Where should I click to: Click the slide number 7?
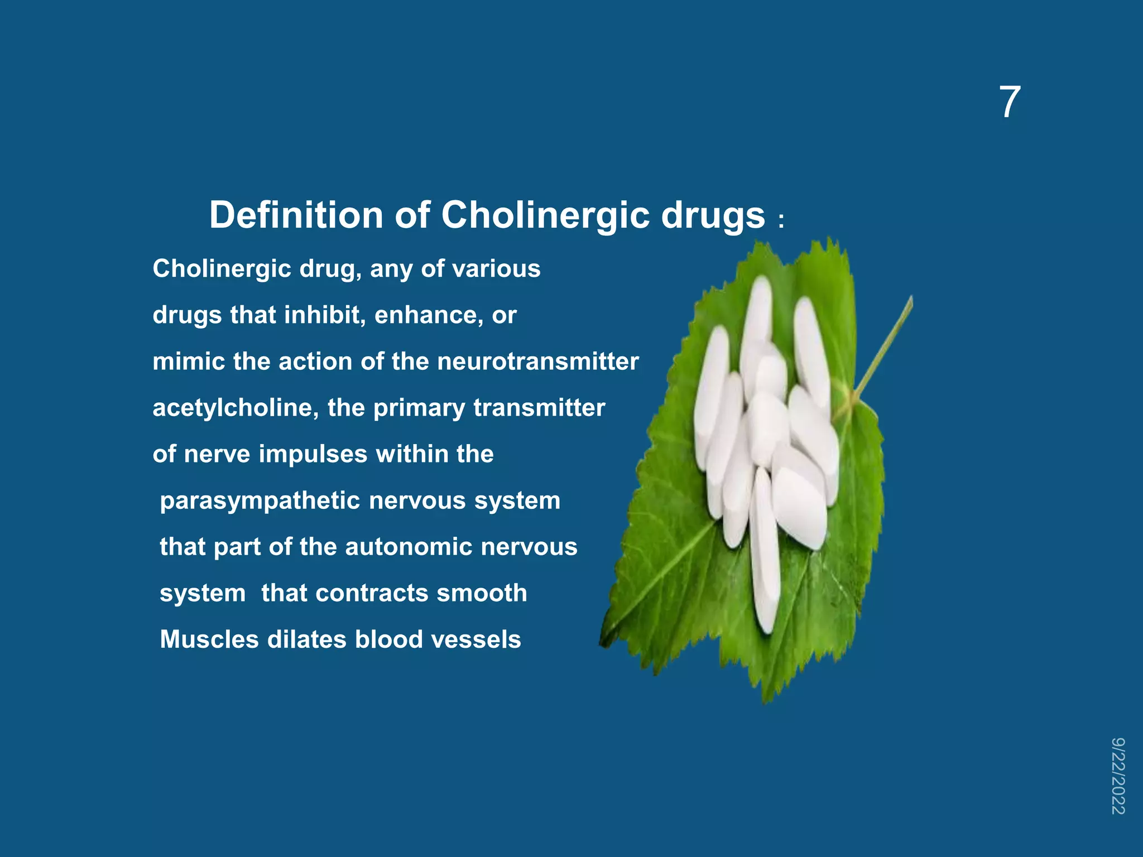point(1010,103)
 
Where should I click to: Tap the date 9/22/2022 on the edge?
point(1118,776)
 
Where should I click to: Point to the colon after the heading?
point(781,221)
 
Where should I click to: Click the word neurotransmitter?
point(538,362)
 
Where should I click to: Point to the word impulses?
point(313,454)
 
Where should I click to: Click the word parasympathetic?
point(260,501)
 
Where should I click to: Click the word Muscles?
point(209,639)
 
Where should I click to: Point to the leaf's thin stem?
point(885,346)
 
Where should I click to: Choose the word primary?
point(419,408)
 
